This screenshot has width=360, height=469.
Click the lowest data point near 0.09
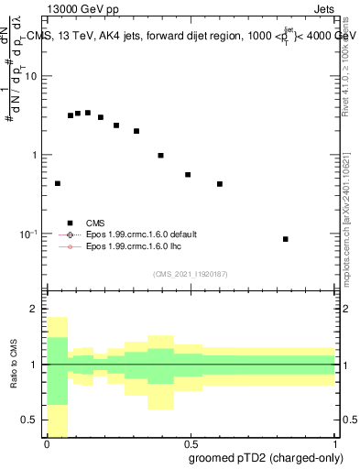(286, 239)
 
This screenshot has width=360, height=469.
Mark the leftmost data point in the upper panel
(58, 183)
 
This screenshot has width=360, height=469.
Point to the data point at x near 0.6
(220, 184)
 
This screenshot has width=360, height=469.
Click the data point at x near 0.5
(188, 174)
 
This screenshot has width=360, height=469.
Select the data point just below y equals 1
(160, 156)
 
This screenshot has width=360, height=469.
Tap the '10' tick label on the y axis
(30, 76)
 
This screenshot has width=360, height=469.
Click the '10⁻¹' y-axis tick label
(27, 234)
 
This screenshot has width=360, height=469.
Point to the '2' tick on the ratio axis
(34, 309)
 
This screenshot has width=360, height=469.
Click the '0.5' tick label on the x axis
(190, 444)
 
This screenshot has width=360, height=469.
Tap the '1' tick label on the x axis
(333, 444)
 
